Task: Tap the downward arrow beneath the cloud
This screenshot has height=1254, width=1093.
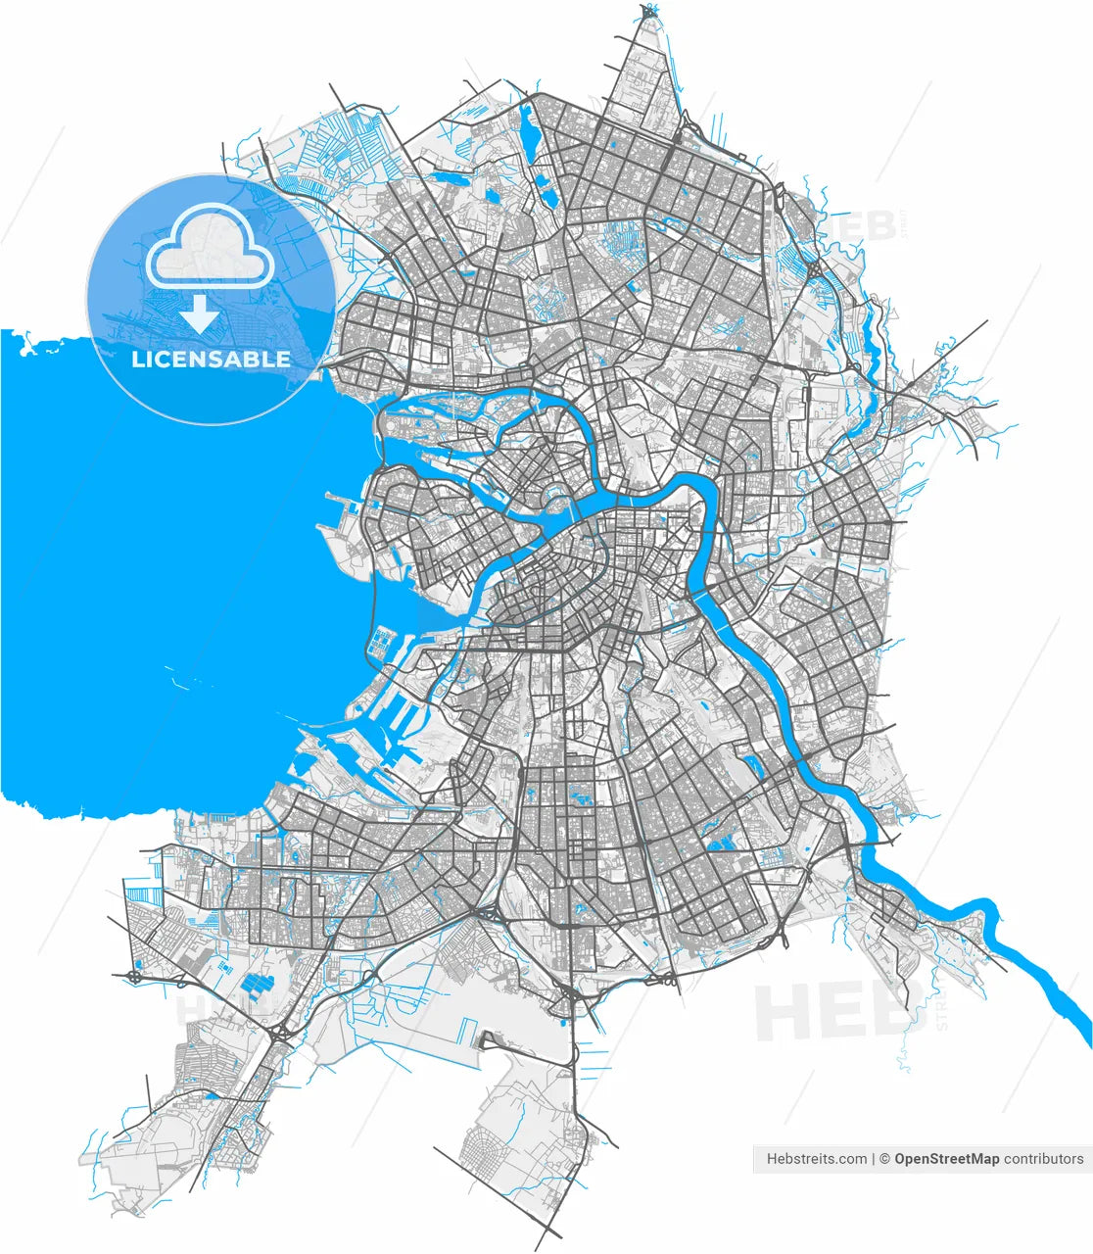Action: [x=201, y=313]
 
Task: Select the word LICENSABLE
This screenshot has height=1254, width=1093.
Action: [x=211, y=360]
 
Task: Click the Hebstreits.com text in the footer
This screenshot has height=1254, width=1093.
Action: [x=816, y=1159]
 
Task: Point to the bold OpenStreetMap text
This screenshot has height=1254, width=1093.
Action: [x=946, y=1159]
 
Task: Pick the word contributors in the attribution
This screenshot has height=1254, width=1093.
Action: [x=1044, y=1159]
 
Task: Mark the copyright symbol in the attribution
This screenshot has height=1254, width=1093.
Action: [x=883, y=1159]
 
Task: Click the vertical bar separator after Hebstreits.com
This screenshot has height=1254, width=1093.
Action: [x=873, y=1159]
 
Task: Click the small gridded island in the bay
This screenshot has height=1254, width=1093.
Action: [x=380, y=642]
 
